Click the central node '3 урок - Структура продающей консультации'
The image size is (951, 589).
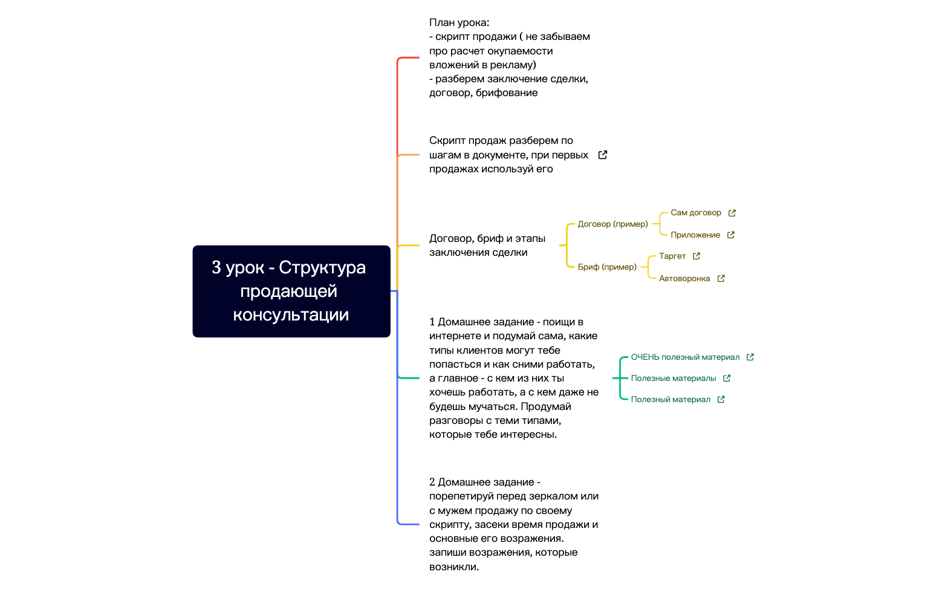pos(291,291)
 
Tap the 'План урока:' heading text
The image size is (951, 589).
pos(459,23)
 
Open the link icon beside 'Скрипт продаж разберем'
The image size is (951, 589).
pos(602,155)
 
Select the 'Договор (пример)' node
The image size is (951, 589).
pos(612,224)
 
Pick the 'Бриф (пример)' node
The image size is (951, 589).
pos(607,267)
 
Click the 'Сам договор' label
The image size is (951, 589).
pos(695,213)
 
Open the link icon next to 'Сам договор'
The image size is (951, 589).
pos(732,213)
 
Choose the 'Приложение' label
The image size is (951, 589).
pos(695,235)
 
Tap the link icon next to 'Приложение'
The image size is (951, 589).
pos(731,235)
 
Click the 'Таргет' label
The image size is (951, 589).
pos(672,256)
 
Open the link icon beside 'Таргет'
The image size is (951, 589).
pos(696,256)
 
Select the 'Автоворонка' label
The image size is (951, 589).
pos(684,279)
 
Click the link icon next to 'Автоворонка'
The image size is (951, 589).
pos(721,279)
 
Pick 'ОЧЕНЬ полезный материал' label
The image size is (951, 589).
pos(685,357)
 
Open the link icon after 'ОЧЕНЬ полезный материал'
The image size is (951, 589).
pos(750,357)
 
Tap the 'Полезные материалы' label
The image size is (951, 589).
pos(673,379)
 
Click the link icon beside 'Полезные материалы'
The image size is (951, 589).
pos(727,379)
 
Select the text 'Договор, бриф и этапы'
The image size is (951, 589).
pos(487,239)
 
